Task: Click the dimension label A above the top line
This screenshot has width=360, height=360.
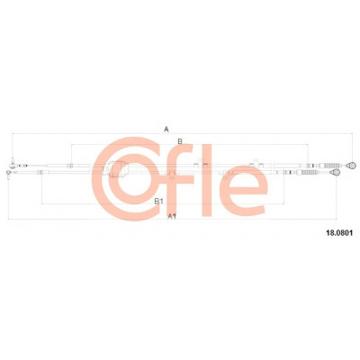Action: pyautogui.click(x=166, y=130)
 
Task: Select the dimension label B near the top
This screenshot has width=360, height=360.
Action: pyautogui.click(x=180, y=141)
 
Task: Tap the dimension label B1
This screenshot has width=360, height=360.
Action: pyautogui.click(x=158, y=202)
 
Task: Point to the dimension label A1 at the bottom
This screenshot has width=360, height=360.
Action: pyautogui.click(x=172, y=216)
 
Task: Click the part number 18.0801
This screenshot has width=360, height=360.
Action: pyautogui.click(x=339, y=232)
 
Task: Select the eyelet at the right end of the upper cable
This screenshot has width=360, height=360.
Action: pyautogui.click(x=351, y=165)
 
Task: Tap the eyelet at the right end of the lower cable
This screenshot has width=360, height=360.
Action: pyautogui.click(x=335, y=172)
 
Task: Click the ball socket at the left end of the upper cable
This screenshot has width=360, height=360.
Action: pyautogui.click(x=13, y=164)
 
